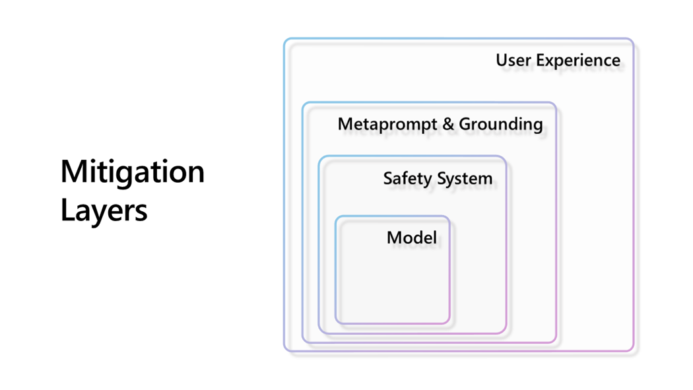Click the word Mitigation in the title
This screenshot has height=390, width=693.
[133, 172]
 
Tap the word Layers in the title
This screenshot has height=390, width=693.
[104, 211]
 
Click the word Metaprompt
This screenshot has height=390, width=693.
[387, 125]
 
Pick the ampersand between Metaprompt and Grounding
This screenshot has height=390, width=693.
[448, 124]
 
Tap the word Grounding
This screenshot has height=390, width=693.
[501, 125]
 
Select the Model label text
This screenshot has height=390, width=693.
[411, 238]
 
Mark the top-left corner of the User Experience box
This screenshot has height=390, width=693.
[284, 39]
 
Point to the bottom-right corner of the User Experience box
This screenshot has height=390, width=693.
[634, 351]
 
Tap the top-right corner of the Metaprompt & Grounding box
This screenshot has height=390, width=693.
[556, 102]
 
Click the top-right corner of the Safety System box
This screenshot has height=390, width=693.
[506, 156]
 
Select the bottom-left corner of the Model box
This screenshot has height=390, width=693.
[335, 324]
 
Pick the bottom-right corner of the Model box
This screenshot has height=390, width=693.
[450, 324]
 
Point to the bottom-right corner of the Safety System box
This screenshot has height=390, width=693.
[506, 333]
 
